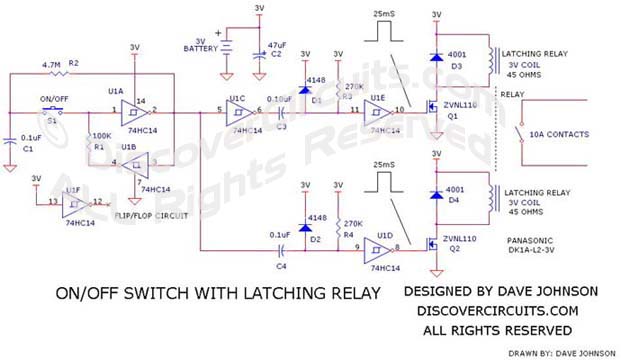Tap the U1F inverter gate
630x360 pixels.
(x=72, y=204)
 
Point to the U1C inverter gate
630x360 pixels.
(x=238, y=111)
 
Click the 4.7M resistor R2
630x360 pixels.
(x=62, y=73)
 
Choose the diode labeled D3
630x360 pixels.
(x=436, y=56)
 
